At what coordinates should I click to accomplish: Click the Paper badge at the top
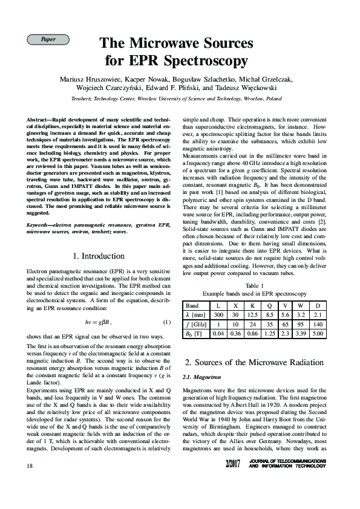pyautogui.click(x=48, y=39)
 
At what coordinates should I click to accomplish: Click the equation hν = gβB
pyautogui.click(x=98, y=321)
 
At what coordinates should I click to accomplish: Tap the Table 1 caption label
pyautogui.click(x=254, y=285)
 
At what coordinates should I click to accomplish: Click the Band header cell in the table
pyautogui.click(x=192, y=306)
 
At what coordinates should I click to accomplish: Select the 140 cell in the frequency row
pyautogui.click(x=318, y=324)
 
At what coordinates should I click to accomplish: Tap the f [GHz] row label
pyautogui.click(x=195, y=324)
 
